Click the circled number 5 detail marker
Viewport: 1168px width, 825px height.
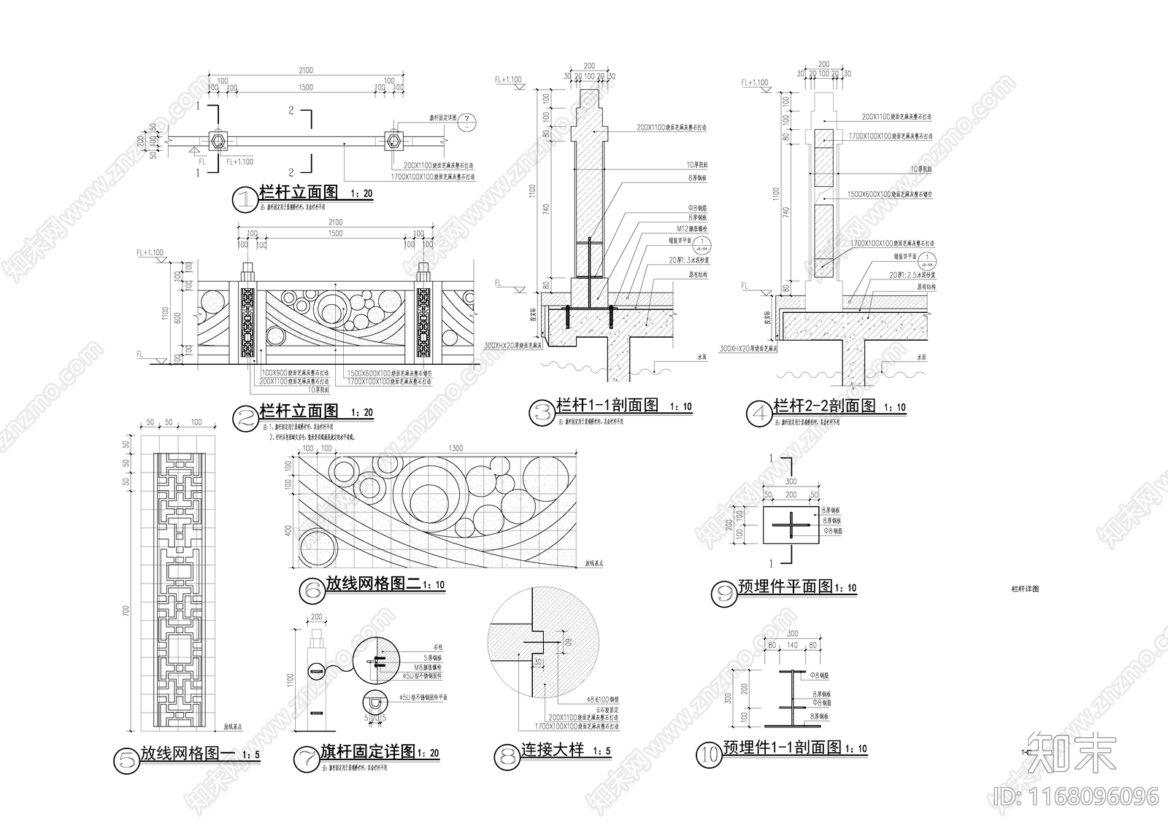(x=126, y=760)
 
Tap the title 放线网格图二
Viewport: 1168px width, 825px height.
(x=373, y=584)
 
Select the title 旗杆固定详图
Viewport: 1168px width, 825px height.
(x=367, y=751)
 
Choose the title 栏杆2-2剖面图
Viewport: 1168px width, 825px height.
(x=823, y=406)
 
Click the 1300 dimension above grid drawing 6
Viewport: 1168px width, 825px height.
(x=456, y=448)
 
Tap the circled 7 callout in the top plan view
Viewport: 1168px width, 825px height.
(x=467, y=121)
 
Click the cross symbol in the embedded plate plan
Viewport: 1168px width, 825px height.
(x=791, y=525)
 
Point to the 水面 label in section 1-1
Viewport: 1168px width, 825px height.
(x=702, y=357)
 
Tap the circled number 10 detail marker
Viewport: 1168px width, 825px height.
(x=708, y=754)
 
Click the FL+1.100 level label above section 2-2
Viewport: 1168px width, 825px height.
(x=754, y=83)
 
